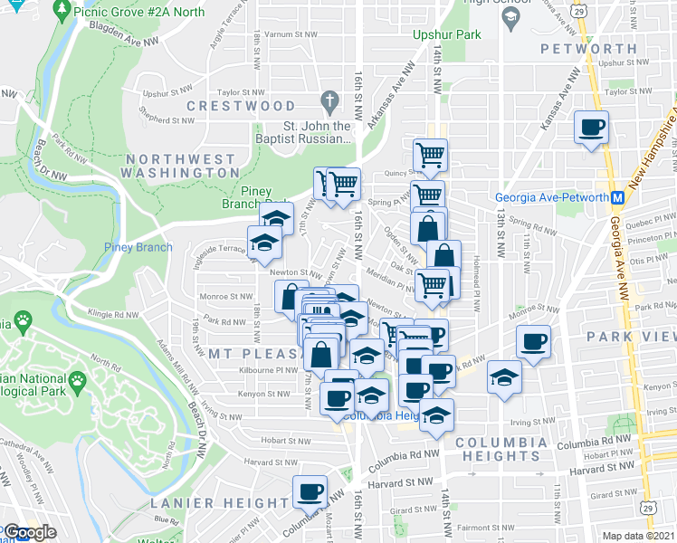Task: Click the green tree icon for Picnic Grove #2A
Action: (x=62, y=10)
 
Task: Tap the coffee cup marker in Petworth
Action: (x=591, y=128)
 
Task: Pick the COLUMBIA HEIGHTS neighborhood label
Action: (x=501, y=449)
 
